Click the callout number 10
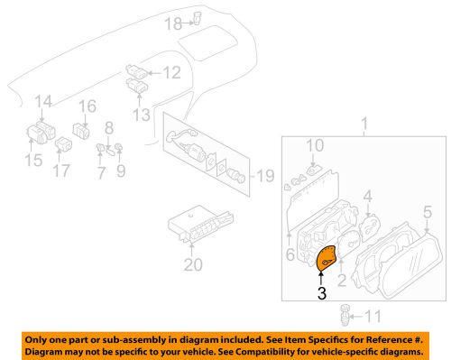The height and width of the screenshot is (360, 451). pos(313,145)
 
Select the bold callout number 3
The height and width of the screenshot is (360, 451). pos(322,293)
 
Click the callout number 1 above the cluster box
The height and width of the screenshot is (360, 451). pos(364,122)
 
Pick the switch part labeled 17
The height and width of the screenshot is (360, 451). pos(64,143)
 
